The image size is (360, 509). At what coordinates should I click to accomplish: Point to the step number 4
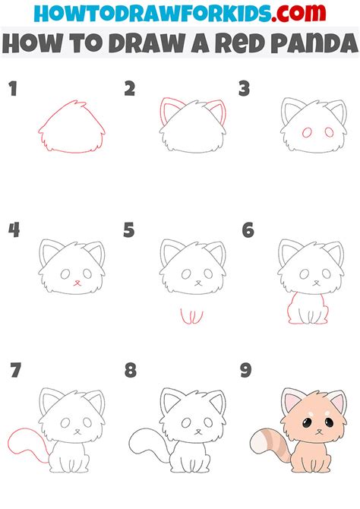coord(13,229)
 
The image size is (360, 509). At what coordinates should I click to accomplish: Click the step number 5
coord(130,229)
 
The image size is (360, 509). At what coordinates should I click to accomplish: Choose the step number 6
coord(247,229)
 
